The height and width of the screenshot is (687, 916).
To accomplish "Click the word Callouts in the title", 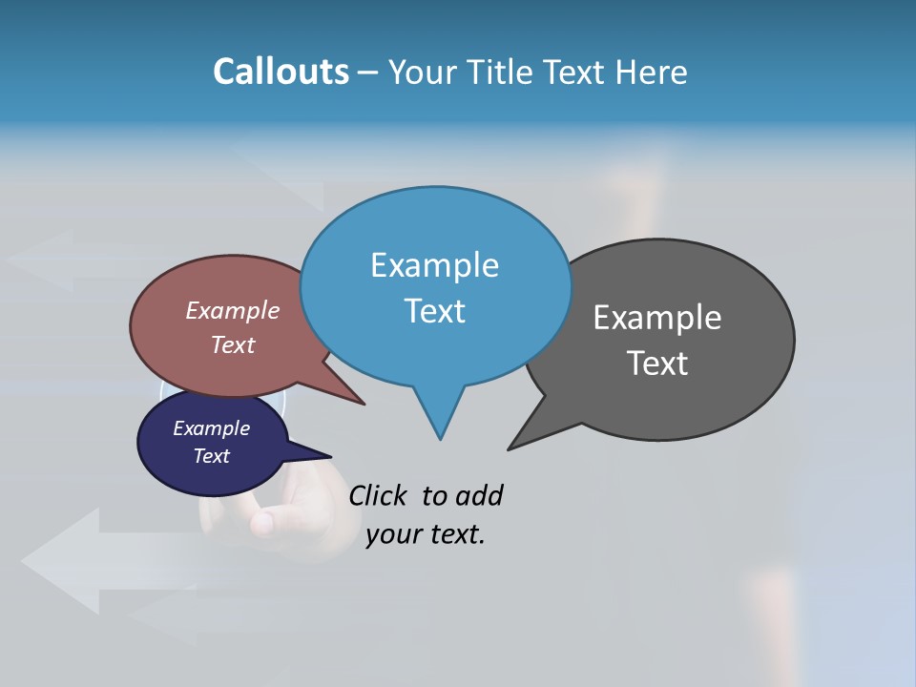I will click(281, 72).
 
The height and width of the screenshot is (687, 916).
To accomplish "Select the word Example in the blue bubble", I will click(434, 265).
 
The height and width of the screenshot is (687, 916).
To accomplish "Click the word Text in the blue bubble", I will click(434, 311).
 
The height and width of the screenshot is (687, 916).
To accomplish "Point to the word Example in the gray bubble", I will click(657, 318).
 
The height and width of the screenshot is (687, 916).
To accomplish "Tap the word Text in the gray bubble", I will click(657, 364).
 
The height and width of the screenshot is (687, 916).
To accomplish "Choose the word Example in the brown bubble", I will click(232, 311).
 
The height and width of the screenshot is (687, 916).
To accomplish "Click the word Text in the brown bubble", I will click(232, 344).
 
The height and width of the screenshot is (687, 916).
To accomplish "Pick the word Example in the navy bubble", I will click(211, 428).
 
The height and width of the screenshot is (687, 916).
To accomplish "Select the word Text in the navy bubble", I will click(211, 456).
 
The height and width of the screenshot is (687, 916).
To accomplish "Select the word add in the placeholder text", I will click(479, 496).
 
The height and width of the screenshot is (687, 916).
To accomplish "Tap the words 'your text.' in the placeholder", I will click(426, 535).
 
